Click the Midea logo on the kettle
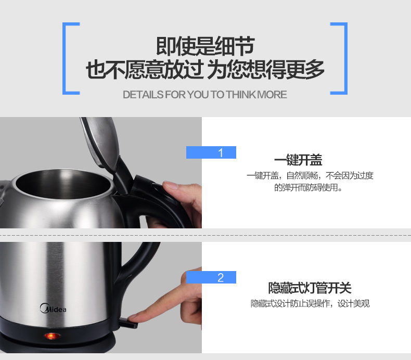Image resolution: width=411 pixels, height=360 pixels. [x=53, y=308]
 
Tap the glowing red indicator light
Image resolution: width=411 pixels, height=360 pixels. [x=52, y=336]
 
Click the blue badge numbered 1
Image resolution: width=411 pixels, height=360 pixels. [x=211, y=152]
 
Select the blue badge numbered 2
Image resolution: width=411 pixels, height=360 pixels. [x=211, y=277]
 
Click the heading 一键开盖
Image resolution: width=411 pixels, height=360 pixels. [x=298, y=160]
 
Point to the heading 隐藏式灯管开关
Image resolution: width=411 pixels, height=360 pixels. [x=310, y=288]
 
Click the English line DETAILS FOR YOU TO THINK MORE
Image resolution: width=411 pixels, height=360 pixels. [x=204, y=95]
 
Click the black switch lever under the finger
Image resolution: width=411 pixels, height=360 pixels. [x=128, y=323]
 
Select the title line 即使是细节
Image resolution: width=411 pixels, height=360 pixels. [x=205, y=46]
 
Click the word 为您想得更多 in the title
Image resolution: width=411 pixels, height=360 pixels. [x=266, y=70]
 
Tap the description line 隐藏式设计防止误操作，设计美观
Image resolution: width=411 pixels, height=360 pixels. [x=310, y=304]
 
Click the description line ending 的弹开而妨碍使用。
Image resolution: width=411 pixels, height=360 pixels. [x=308, y=188]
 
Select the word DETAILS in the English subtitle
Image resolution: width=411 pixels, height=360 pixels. [x=143, y=95]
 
